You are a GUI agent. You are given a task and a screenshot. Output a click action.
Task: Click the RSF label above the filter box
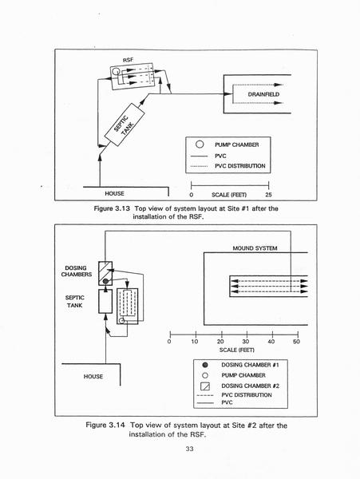click(128, 60)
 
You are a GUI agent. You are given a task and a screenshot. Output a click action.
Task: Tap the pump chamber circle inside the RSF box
click(116, 72)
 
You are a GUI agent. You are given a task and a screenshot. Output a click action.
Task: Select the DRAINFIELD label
click(263, 94)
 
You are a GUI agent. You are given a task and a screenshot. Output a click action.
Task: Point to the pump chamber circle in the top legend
click(200, 144)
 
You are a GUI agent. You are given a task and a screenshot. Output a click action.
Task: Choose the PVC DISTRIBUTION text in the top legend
click(240, 166)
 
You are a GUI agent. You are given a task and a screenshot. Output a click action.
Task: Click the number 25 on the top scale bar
click(268, 195)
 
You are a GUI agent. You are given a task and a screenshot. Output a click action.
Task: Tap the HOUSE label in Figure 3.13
click(114, 193)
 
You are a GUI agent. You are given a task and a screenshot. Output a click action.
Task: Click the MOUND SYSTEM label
click(255, 248)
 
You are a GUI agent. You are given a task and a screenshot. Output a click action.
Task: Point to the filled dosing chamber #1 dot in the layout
click(105, 281)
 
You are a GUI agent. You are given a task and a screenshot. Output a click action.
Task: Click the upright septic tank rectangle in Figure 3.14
click(105, 302)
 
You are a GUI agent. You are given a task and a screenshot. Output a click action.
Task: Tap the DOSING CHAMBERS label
click(77, 271)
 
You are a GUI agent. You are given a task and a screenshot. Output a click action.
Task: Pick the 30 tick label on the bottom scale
click(246, 342)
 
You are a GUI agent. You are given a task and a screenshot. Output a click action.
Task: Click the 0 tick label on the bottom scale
click(169, 342)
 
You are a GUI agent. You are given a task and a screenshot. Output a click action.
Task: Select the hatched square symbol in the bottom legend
click(205, 386)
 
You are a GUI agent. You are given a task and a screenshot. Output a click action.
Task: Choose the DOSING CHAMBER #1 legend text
click(250, 365)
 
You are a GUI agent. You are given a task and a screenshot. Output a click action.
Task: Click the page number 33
click(189, 449)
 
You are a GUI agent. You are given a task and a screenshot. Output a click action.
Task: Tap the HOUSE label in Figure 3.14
click(93, 376)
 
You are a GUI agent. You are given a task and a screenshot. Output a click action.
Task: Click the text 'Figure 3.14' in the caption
click(105, 425)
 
